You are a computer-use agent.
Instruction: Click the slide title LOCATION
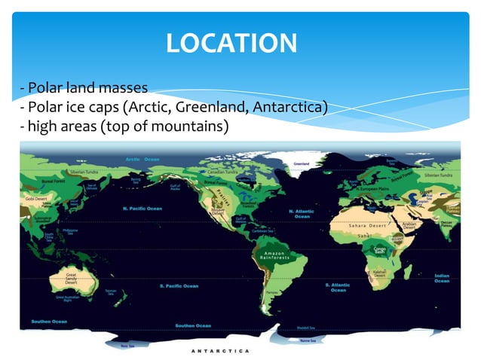pos(231,42)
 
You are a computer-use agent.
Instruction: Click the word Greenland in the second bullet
pos(213,107)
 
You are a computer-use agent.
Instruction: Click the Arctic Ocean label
pos(142,159)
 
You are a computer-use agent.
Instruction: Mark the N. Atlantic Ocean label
pos(302,214)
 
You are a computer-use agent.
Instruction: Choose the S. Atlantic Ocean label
pos(337,287)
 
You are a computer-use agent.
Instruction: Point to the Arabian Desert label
pos(409,225)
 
